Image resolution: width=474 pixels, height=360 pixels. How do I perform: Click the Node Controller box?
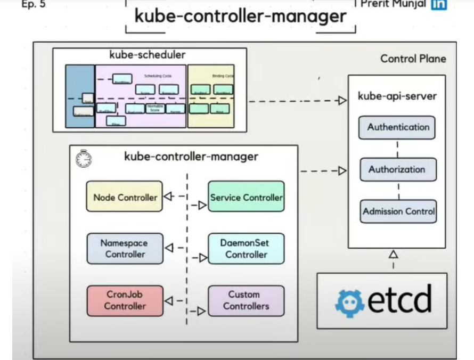(125, 197)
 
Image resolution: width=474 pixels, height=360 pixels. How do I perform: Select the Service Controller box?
(246, 197)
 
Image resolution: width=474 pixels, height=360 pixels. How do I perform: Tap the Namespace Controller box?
(125, 249)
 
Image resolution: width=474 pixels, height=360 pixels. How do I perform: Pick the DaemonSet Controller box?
(246, 249)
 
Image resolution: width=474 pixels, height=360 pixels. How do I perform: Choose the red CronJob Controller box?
(125, 300)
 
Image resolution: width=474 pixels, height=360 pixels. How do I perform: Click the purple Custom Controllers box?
(246, 300)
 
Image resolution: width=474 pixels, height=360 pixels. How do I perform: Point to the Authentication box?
(398, 127)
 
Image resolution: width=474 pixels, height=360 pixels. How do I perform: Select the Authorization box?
(398, 169)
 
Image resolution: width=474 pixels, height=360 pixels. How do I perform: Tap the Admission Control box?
(398, 211)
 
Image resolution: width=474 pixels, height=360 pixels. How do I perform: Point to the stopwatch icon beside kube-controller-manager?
(84, 158)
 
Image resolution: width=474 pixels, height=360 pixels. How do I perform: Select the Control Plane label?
(413, 59)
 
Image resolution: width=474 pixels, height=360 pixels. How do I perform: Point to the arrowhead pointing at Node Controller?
(167, 197)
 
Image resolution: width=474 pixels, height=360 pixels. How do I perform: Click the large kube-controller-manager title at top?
(240, 16)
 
